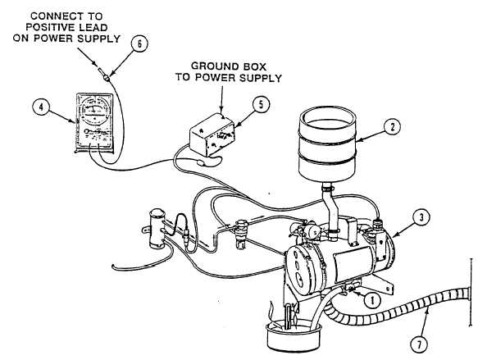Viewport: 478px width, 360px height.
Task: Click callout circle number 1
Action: pos(372,300)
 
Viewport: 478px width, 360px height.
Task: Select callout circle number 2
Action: pos(393,127)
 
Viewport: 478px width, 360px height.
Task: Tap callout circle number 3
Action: pos(421,217)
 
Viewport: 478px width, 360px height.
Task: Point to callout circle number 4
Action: pos(41,107)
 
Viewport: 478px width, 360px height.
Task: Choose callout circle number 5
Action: pos(261,104)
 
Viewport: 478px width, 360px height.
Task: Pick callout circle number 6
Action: pos(139,44)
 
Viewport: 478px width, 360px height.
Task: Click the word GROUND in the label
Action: pos(211,66)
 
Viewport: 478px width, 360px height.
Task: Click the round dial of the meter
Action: pos(95,111)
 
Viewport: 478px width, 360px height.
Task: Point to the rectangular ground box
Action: pos(212,134)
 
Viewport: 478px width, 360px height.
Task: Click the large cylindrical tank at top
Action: pos(327,144)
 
